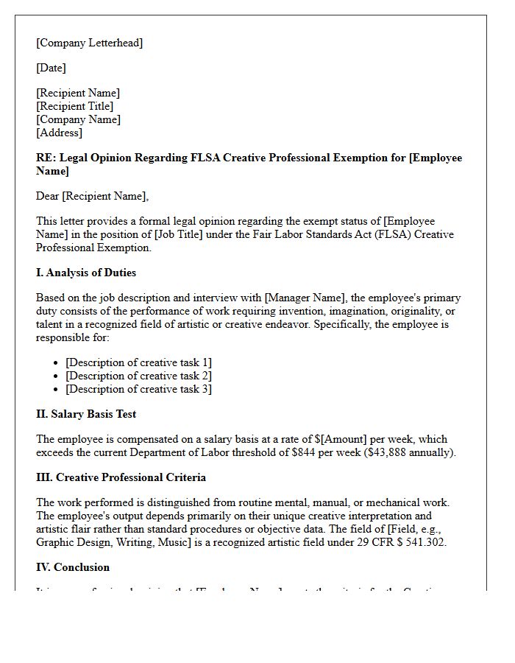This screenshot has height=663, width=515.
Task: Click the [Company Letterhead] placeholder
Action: click(90, 43)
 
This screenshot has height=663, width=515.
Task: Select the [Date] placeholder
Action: click(51, 68)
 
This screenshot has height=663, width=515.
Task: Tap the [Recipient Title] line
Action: click(74, 106)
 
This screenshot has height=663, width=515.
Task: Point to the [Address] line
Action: click(59, 133)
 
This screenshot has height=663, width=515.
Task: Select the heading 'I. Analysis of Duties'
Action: click(86, 273)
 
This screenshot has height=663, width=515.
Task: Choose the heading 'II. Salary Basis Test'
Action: click(86, 414)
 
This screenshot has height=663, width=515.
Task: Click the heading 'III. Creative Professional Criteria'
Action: click(121, 477)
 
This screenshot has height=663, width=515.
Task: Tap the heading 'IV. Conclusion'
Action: click(73, 567)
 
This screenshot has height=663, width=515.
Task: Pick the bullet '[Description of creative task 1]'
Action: click(138, 362)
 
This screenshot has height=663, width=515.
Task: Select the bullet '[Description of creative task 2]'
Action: click(138, 376)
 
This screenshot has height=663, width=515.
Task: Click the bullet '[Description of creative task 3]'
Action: click(138, 389)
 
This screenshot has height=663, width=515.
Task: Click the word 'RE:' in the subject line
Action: click(46, 158)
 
